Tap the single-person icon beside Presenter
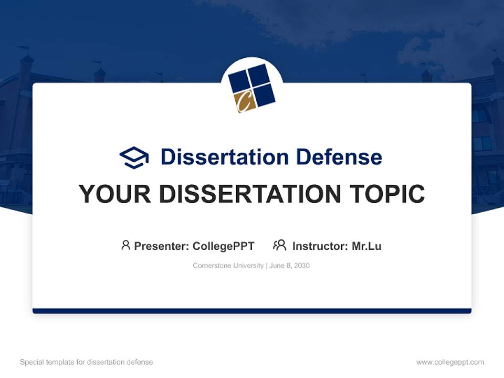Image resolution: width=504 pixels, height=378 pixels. click(125, 245)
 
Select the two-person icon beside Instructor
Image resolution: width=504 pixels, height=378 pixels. click(279, 245)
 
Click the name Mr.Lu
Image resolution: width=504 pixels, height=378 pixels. click(366, 246)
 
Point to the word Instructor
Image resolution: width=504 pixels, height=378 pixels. click(320, 246)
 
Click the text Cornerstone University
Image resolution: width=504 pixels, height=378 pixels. click(228, 266)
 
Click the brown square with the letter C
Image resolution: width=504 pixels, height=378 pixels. click(243, 101)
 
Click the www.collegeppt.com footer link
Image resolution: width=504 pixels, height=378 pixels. click(450, 362)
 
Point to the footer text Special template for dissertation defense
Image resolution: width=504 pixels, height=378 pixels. click(86, 362)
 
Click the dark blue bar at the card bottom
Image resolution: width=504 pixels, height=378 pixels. click(252, 311)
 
